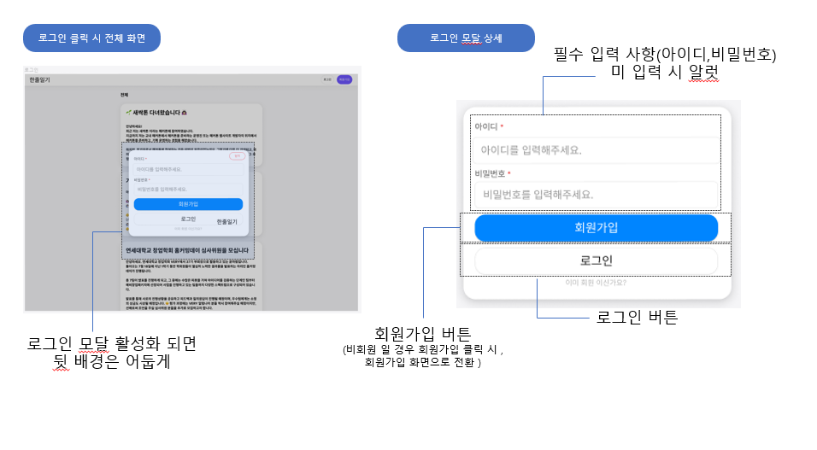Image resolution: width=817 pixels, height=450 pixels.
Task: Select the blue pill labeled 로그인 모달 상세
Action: click(466, 38)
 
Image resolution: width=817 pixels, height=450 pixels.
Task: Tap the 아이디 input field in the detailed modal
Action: click(596, 150)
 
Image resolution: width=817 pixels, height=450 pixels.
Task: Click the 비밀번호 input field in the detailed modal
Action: click(596, 195)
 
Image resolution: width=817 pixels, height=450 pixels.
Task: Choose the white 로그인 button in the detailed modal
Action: click(596, 260)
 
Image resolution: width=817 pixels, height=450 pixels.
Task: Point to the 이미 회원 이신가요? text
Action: click(596, 283)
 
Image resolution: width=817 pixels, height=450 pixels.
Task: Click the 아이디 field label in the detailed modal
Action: click(486, 126)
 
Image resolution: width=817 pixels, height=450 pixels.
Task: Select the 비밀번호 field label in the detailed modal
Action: click(492, 173)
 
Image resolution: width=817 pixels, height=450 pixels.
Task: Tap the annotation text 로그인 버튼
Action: click(637, 318)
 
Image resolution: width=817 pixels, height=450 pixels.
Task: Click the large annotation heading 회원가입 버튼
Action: click(424, 333)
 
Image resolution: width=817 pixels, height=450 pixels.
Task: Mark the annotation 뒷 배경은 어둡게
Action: click(112, 362)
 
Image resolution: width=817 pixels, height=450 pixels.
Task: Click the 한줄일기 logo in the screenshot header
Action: click(39, 79)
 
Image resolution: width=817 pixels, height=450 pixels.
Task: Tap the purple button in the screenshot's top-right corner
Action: click(344, 79)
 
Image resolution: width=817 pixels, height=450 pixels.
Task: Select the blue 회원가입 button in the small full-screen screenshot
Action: click(188, 204)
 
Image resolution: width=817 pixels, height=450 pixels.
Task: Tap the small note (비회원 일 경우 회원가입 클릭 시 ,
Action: click(424, 349)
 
